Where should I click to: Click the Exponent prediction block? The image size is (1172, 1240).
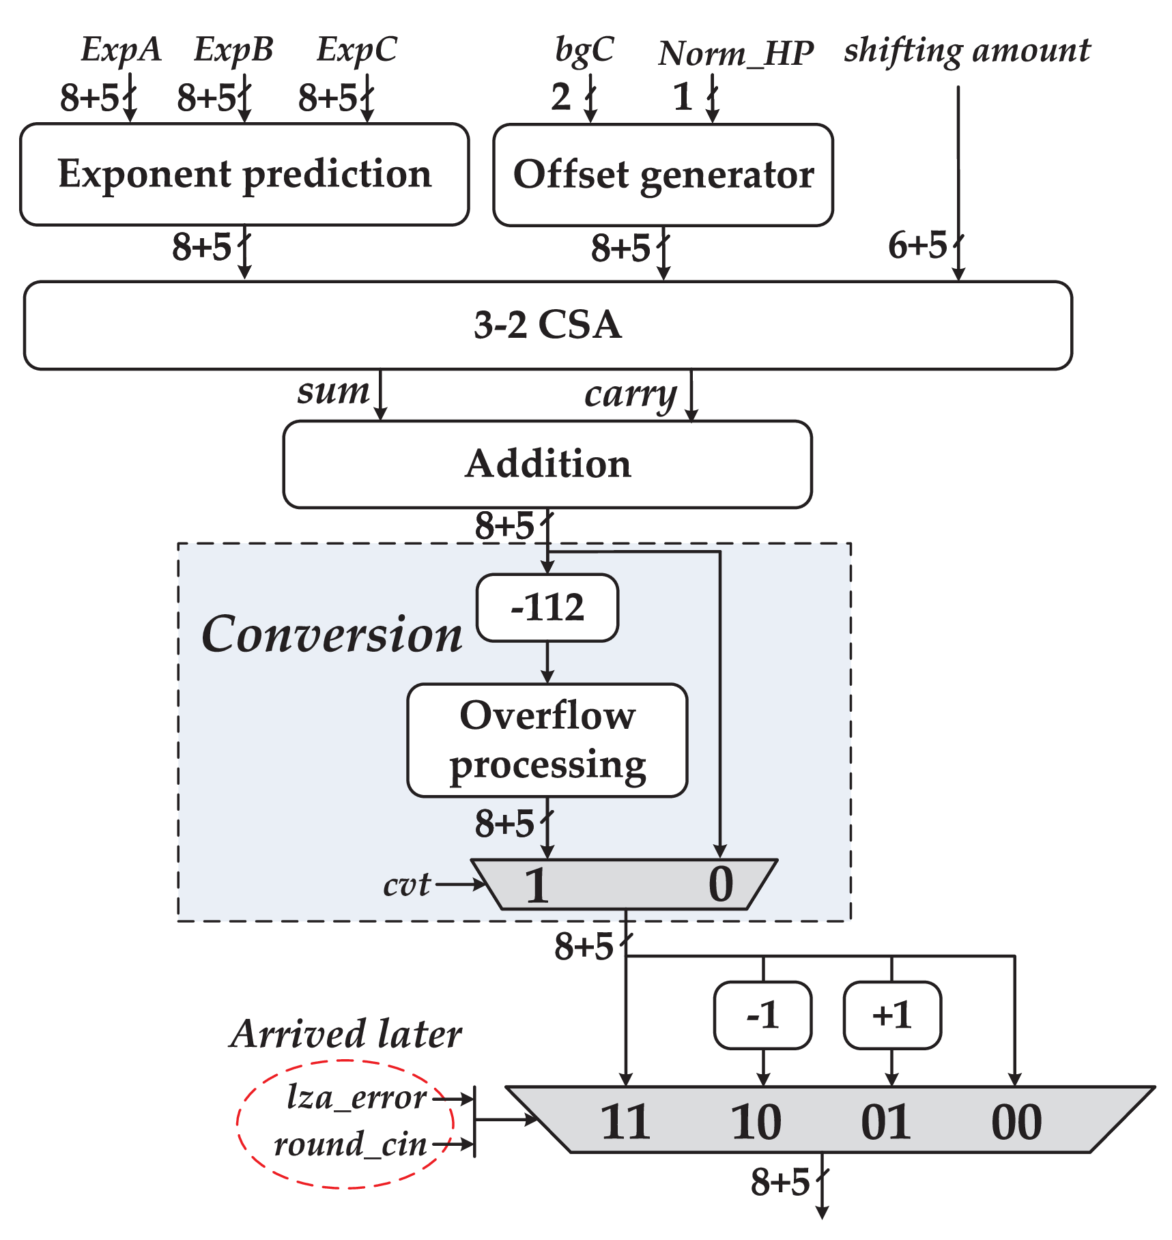[244, 174]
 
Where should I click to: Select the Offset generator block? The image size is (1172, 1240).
[663, 175]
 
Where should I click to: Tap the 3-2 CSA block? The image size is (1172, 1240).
[547, 325]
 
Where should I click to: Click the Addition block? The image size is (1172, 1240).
[547, 464]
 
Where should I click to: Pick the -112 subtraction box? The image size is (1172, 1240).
[547, 607]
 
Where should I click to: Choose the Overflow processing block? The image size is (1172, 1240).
[547, 740]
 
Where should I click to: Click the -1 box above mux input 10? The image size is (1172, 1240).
[762, 1015]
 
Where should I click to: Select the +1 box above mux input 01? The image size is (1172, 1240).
[892, 1015]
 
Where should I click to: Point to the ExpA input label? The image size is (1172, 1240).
[121, 49]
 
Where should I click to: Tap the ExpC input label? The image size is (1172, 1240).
[356, 49]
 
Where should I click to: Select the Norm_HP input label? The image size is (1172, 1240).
[736, 53]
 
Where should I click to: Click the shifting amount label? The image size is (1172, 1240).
[967, 51]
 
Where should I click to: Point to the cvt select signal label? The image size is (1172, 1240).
[407, 885]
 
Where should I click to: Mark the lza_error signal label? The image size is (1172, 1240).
[357, 1098]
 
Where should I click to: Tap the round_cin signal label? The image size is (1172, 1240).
[350, 1144]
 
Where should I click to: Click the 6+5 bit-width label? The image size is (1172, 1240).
[917, 246]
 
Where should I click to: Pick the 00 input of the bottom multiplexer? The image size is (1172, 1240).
[1016, 1123]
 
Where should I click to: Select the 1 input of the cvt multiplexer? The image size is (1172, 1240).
[537, 885]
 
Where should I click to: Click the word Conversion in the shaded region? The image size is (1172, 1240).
[332, 635]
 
